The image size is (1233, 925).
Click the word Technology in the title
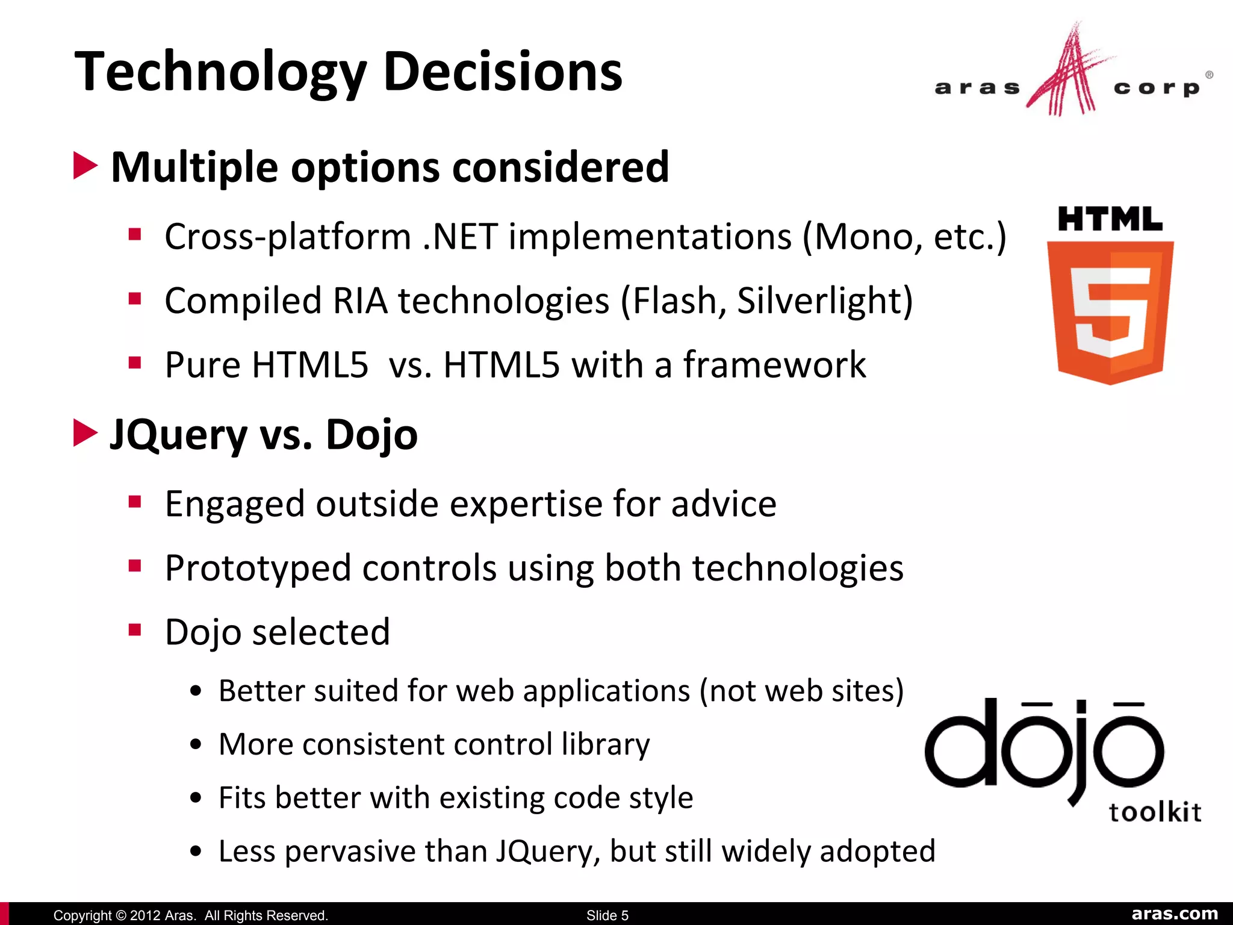(x=220, y=72)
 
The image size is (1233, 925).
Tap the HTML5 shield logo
(x=1110, y=310)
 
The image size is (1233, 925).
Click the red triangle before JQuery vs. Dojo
(x=85, y=433)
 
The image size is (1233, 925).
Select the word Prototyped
(x=258, y=568)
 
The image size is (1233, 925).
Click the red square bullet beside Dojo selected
(x=135, y=630)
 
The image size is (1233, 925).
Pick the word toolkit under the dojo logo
(x=1154, y=812)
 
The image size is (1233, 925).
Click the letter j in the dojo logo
(x=1082, y=753)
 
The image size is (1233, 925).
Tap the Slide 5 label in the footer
(x=607, y=915)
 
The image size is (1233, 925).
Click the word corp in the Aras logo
(x=1156, y=88)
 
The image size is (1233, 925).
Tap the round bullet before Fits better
(x=195, y=799)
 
